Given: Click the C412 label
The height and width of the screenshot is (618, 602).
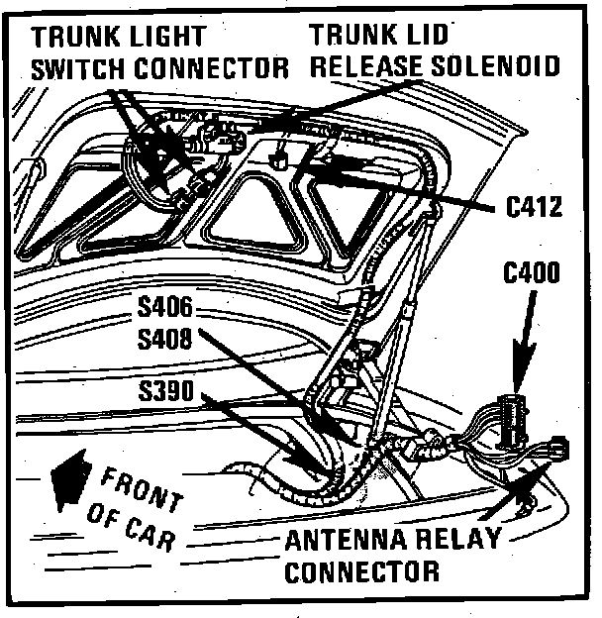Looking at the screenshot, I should pyautogui.click(x=534, y=208).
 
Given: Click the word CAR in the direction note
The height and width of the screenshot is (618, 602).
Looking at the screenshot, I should pyautogui.click(x=150, y=536).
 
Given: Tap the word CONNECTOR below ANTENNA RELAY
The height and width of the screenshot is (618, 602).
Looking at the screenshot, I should pyautogui.click(x=362, y=571).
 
